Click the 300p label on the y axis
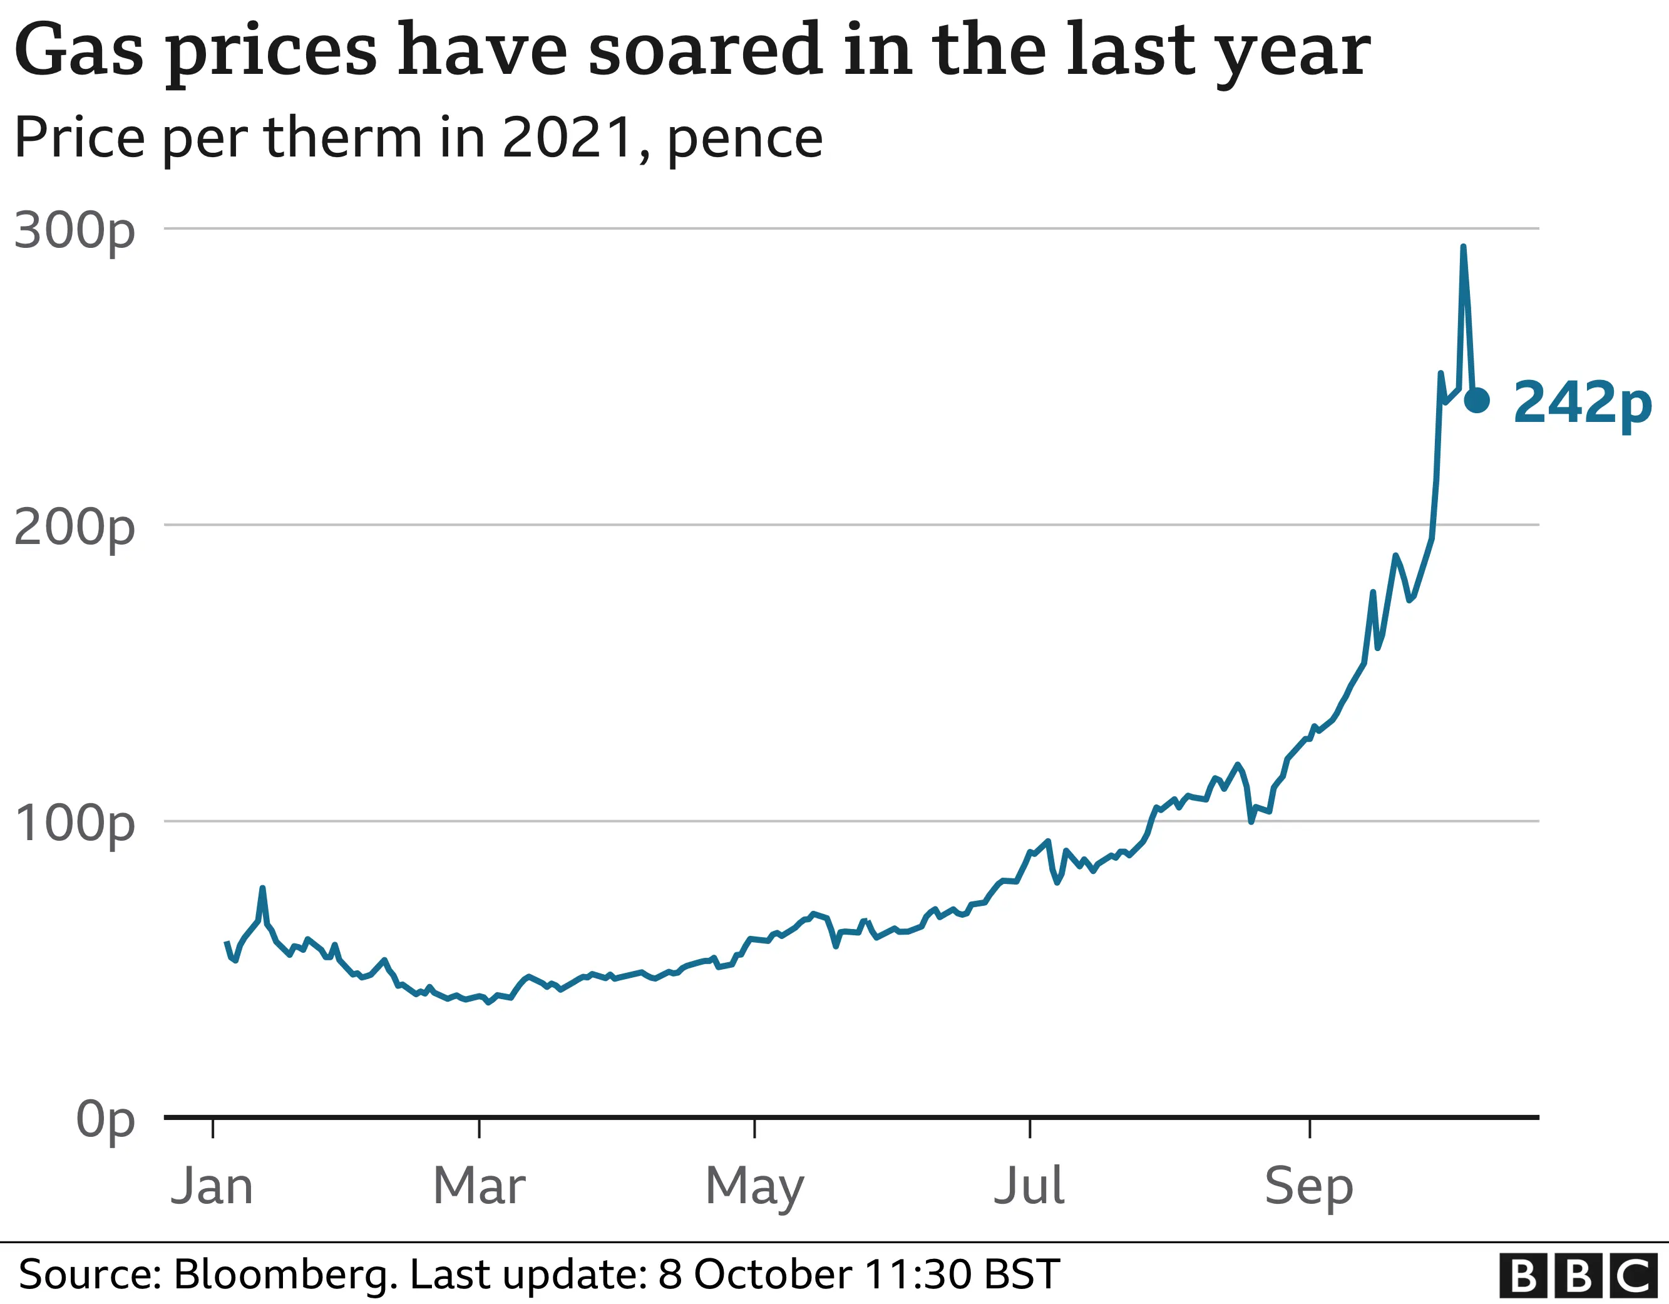pyautogui.click(x=74, y=230)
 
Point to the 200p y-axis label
pyautogui.click(x=74, y=526)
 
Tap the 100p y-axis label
pyautogui.click(x=74, y=823)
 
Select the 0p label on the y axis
pyautogui.click(x=105, y=1120)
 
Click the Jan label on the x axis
pyautogui.click(x=212, y=1186)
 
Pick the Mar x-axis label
pyautogui.click(x=479, y=1186)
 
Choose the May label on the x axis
pyautogui.click(x=754, y=1186)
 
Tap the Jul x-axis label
pyautogui.click(x=1029, y=1186)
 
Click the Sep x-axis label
pyautogui.click(x=1309, y=1186)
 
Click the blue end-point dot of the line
pyautogui.click(x=1476, y=400)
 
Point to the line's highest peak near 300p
pyautogui.click(x=1462, y=248)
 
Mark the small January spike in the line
pyautogui.click(x=262, y=888)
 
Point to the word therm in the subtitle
pyautogui.click(x=343, y=138)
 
